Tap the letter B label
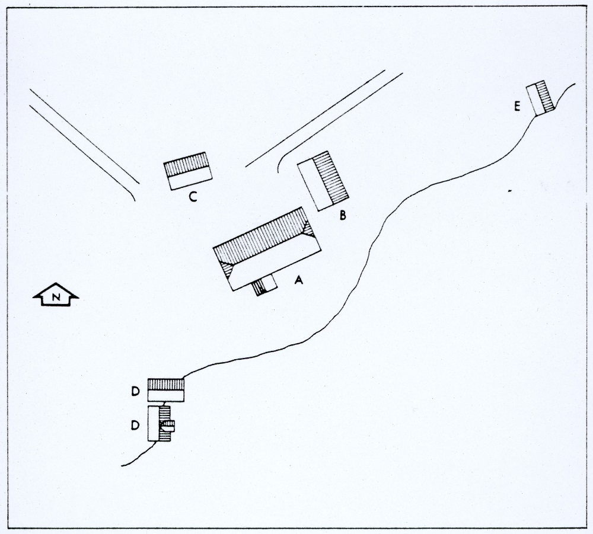[x=343, y=215]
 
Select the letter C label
[x=193, y=197]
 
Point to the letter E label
[x=517, y=106]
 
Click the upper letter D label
[x=135, y=392]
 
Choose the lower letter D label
[x=135, y=426]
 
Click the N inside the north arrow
[x=56, y=298]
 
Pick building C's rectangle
[x=188, y=171]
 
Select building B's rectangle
[x=323, y=181]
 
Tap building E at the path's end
[x=540, y=98]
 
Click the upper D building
[x=165, y=390]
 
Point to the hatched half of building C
[x=187, y=164]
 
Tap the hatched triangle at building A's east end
[x=308, y=229]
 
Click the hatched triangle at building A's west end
[x=227, y=268]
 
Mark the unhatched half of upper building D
[x=165, y=396]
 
